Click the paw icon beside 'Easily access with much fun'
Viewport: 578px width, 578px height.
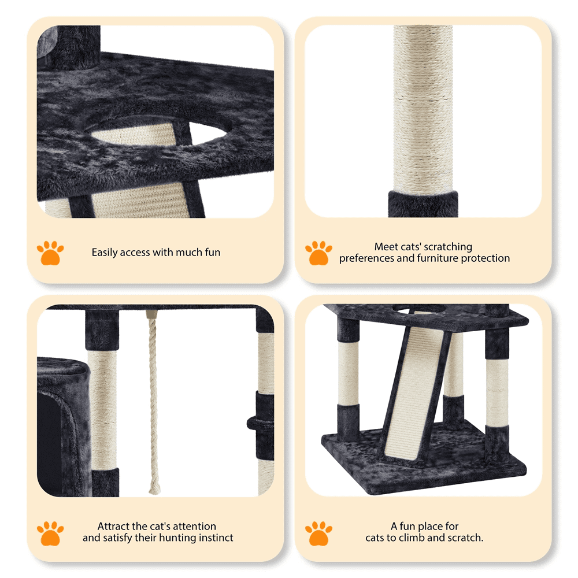coord(50,253)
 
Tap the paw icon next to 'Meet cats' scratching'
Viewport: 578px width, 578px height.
coord(318,253)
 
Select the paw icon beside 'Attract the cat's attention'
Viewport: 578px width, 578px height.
coord(50,533)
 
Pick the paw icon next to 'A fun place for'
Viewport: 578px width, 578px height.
coord(318,533)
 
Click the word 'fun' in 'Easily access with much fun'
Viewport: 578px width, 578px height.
coord(212,252)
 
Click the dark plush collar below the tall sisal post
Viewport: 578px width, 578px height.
coord(423,204)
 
